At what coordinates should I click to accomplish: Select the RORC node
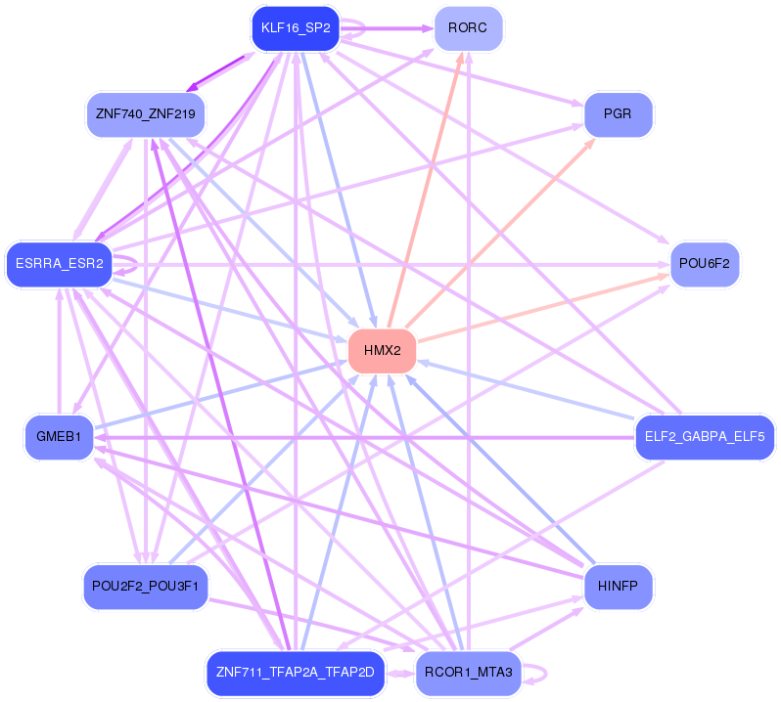pos(467,28)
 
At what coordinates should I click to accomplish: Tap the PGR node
pos(618,115)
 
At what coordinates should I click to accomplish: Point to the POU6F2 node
pos(704,263)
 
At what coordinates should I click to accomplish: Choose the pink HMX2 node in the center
pos(382,351)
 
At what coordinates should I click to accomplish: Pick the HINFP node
pos(617,587)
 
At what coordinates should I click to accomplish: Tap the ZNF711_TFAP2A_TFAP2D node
pos(295,674)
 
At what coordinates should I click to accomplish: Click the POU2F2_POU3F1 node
pos(145,587)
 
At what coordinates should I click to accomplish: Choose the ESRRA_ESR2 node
pos(59,263)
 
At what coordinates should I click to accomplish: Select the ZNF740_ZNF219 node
pos(145,115)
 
